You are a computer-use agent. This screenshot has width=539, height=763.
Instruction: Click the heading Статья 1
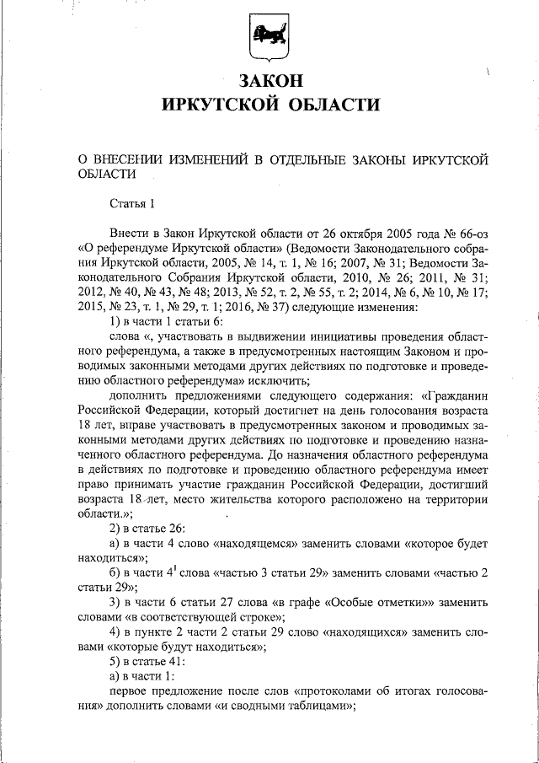click(133, 203)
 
